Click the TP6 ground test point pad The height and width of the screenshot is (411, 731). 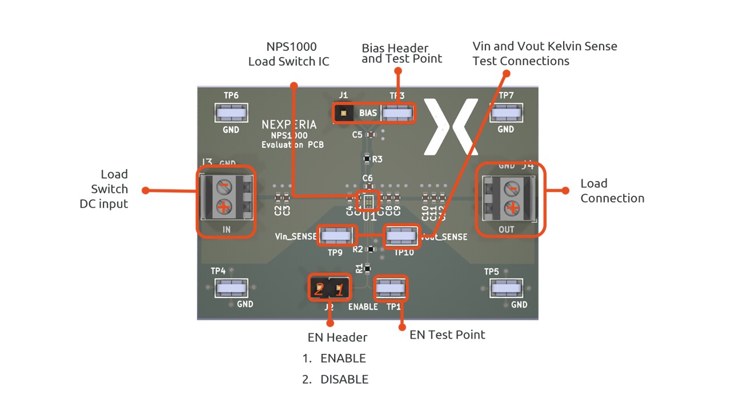point(231,113)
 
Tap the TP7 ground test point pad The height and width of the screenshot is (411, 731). point(507,113)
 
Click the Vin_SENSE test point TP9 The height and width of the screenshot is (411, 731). point(336,235)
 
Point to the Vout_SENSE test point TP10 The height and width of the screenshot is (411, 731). point(402,235)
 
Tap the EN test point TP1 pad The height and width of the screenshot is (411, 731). point(391,289)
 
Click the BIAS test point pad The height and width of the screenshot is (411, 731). point(397,113)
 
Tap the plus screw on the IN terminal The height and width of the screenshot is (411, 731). point(224,207)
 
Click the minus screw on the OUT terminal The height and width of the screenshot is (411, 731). point(513,189)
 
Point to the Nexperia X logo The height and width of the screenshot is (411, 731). point(451,126)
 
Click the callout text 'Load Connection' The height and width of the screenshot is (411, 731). point(612,191)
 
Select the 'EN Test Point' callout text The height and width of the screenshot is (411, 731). point(447,335)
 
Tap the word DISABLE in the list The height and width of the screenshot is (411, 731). point(344,379)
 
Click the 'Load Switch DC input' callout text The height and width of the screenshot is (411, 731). point(103,189)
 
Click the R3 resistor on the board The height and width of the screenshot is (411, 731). point(367,159)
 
